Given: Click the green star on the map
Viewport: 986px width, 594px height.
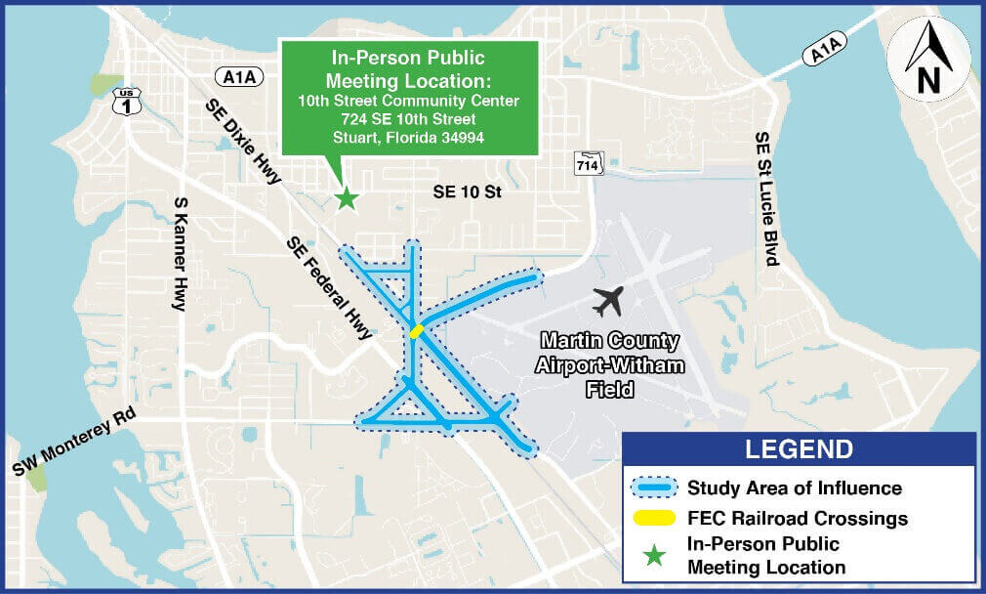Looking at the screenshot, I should click(346, 198).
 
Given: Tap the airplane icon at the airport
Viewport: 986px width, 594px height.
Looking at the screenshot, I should click(607, 301).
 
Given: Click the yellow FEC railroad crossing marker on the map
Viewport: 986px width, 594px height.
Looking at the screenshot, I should click(416, 331).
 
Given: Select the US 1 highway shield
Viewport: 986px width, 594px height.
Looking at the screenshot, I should click(125, 102).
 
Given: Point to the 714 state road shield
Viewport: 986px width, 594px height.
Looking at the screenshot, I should click(588, 163).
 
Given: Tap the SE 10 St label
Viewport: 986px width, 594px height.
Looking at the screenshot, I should click(467, 193).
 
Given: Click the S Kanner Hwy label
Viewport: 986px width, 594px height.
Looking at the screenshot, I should click(180, 253).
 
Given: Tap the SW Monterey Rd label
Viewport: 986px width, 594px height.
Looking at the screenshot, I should click(74, 443).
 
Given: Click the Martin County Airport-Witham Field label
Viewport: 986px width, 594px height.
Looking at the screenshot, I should click(610, 364).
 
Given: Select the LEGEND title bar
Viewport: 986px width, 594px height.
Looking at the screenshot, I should click(799, 449).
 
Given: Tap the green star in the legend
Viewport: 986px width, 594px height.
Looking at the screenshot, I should click(654, 556).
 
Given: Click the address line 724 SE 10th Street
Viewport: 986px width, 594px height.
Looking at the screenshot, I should click(408, 119).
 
